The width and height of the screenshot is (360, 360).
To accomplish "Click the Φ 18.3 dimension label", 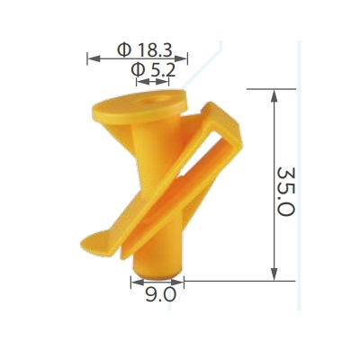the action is coord(144,49).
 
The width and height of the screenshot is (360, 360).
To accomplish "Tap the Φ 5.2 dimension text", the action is coord(153,71).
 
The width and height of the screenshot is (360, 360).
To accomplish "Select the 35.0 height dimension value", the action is coord(285,192).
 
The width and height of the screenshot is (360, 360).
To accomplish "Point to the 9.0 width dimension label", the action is coord(160,295).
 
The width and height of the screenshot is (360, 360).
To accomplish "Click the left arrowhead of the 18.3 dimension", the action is coord(94,58).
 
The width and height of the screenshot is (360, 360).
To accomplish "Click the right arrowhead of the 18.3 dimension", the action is coord(181,58).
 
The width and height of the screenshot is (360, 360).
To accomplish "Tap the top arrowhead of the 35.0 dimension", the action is coord(274,96).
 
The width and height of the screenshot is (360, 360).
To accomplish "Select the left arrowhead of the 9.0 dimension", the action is coord(138,282).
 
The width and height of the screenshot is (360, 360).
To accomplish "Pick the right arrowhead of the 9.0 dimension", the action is coord(176,282).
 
